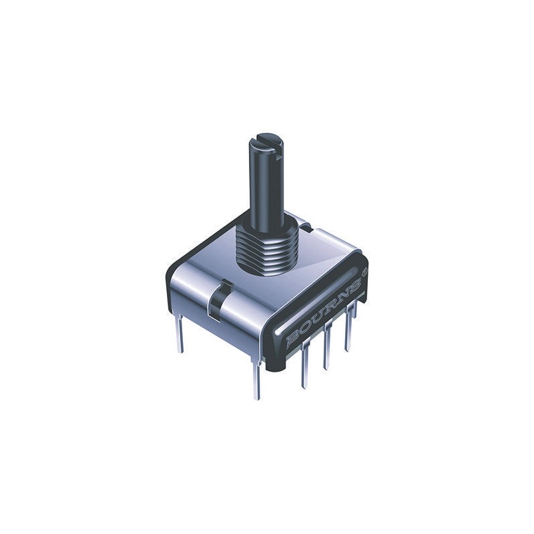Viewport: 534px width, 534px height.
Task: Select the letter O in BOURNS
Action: pos(304,329)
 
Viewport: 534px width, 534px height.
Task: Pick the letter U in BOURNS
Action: pos(317,319)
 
